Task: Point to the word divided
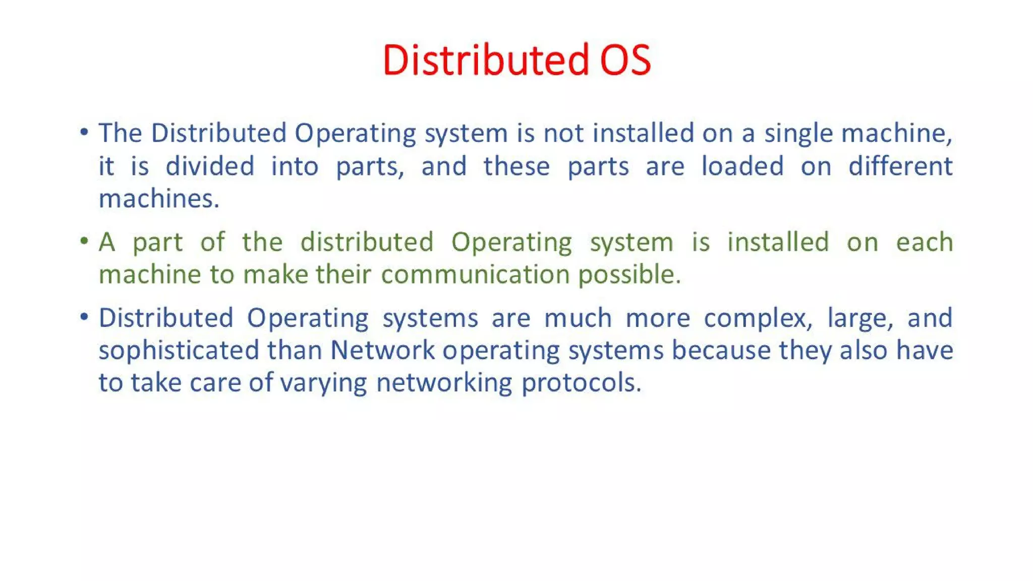tap(210, 166)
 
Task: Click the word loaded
tap(742, 166)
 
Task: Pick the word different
tap(900, 166)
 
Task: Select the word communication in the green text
tap(475, 275)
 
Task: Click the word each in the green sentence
tap(925, 242)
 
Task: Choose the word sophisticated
tap(179, 351)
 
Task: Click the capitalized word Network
tap(382, 351)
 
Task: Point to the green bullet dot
tap(84, 241)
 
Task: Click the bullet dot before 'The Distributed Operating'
tap(84, 132)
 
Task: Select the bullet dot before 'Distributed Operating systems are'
tap(84, 317)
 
